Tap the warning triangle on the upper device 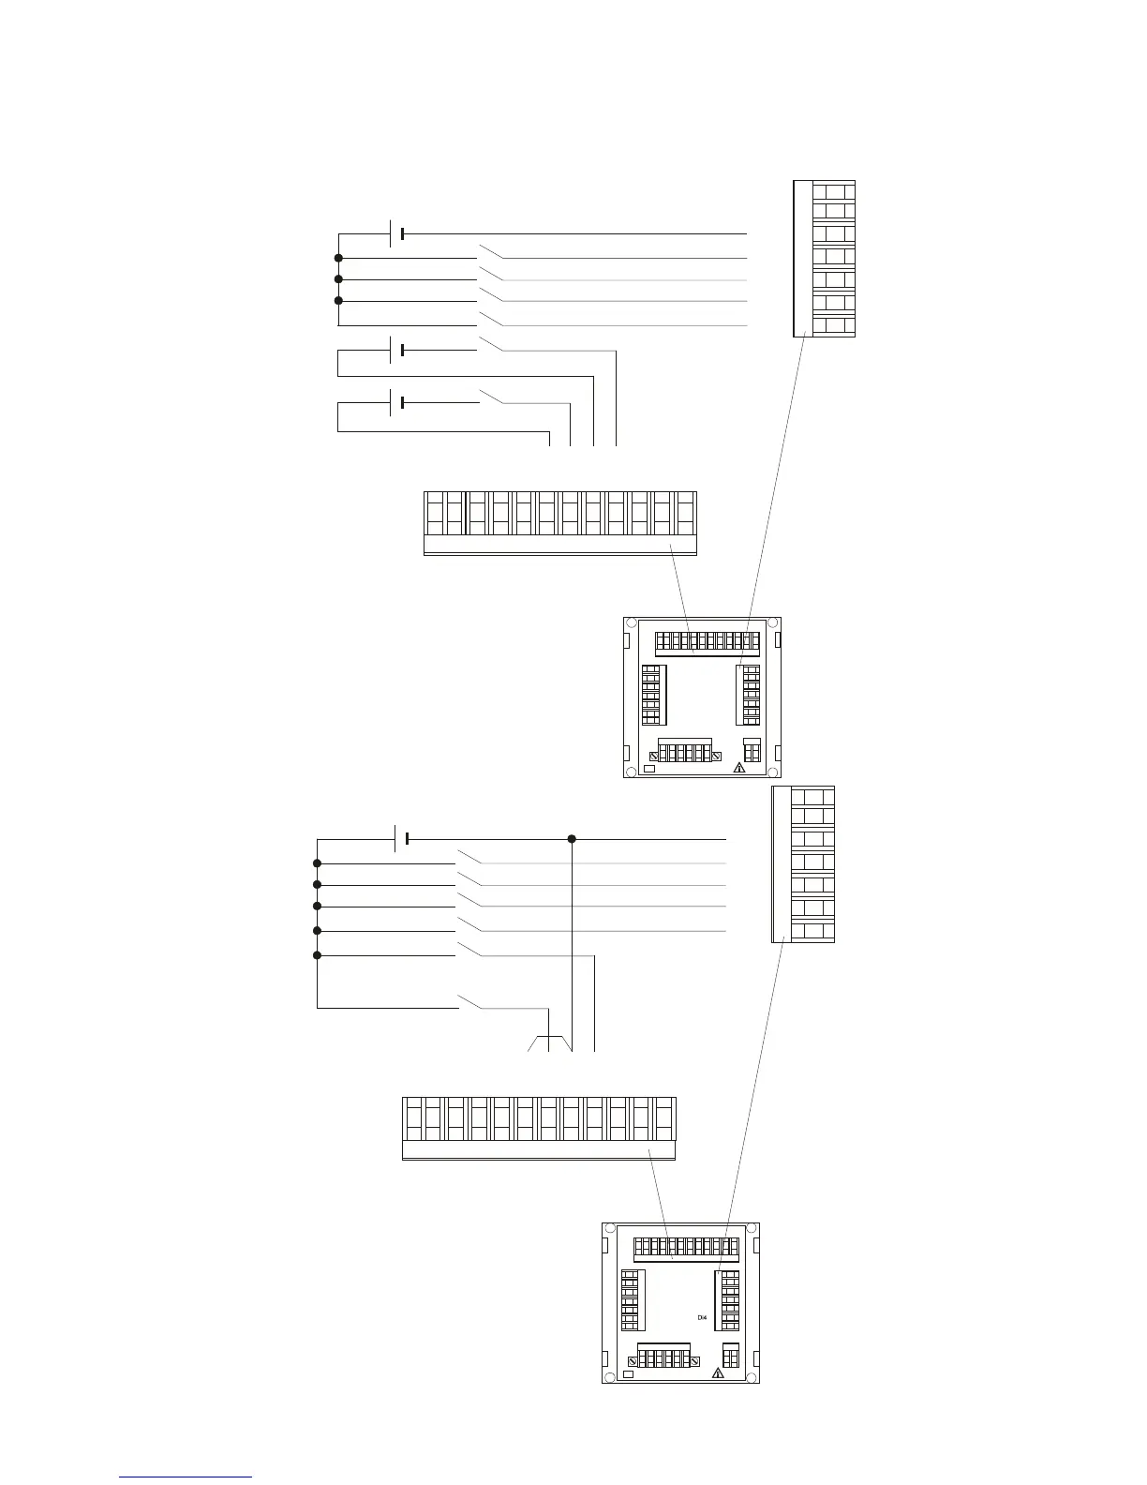point(739,767)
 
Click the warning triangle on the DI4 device point(718,1373)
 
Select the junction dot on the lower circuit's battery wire point(572,838)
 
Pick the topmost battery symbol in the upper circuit point(397,232)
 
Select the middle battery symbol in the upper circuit point(397,350)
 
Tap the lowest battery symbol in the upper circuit point(397,402)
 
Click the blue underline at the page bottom point(186,1477)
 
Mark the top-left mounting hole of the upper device point(632,623)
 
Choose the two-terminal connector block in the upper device point(752,751)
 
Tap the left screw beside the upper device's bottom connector point(653,756)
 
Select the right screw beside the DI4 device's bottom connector point(695,1361)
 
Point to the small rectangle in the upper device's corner point(649,770)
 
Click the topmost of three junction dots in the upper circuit point(338,258)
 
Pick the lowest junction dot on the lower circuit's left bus point(317,955)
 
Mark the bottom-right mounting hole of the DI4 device point(751,1376)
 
